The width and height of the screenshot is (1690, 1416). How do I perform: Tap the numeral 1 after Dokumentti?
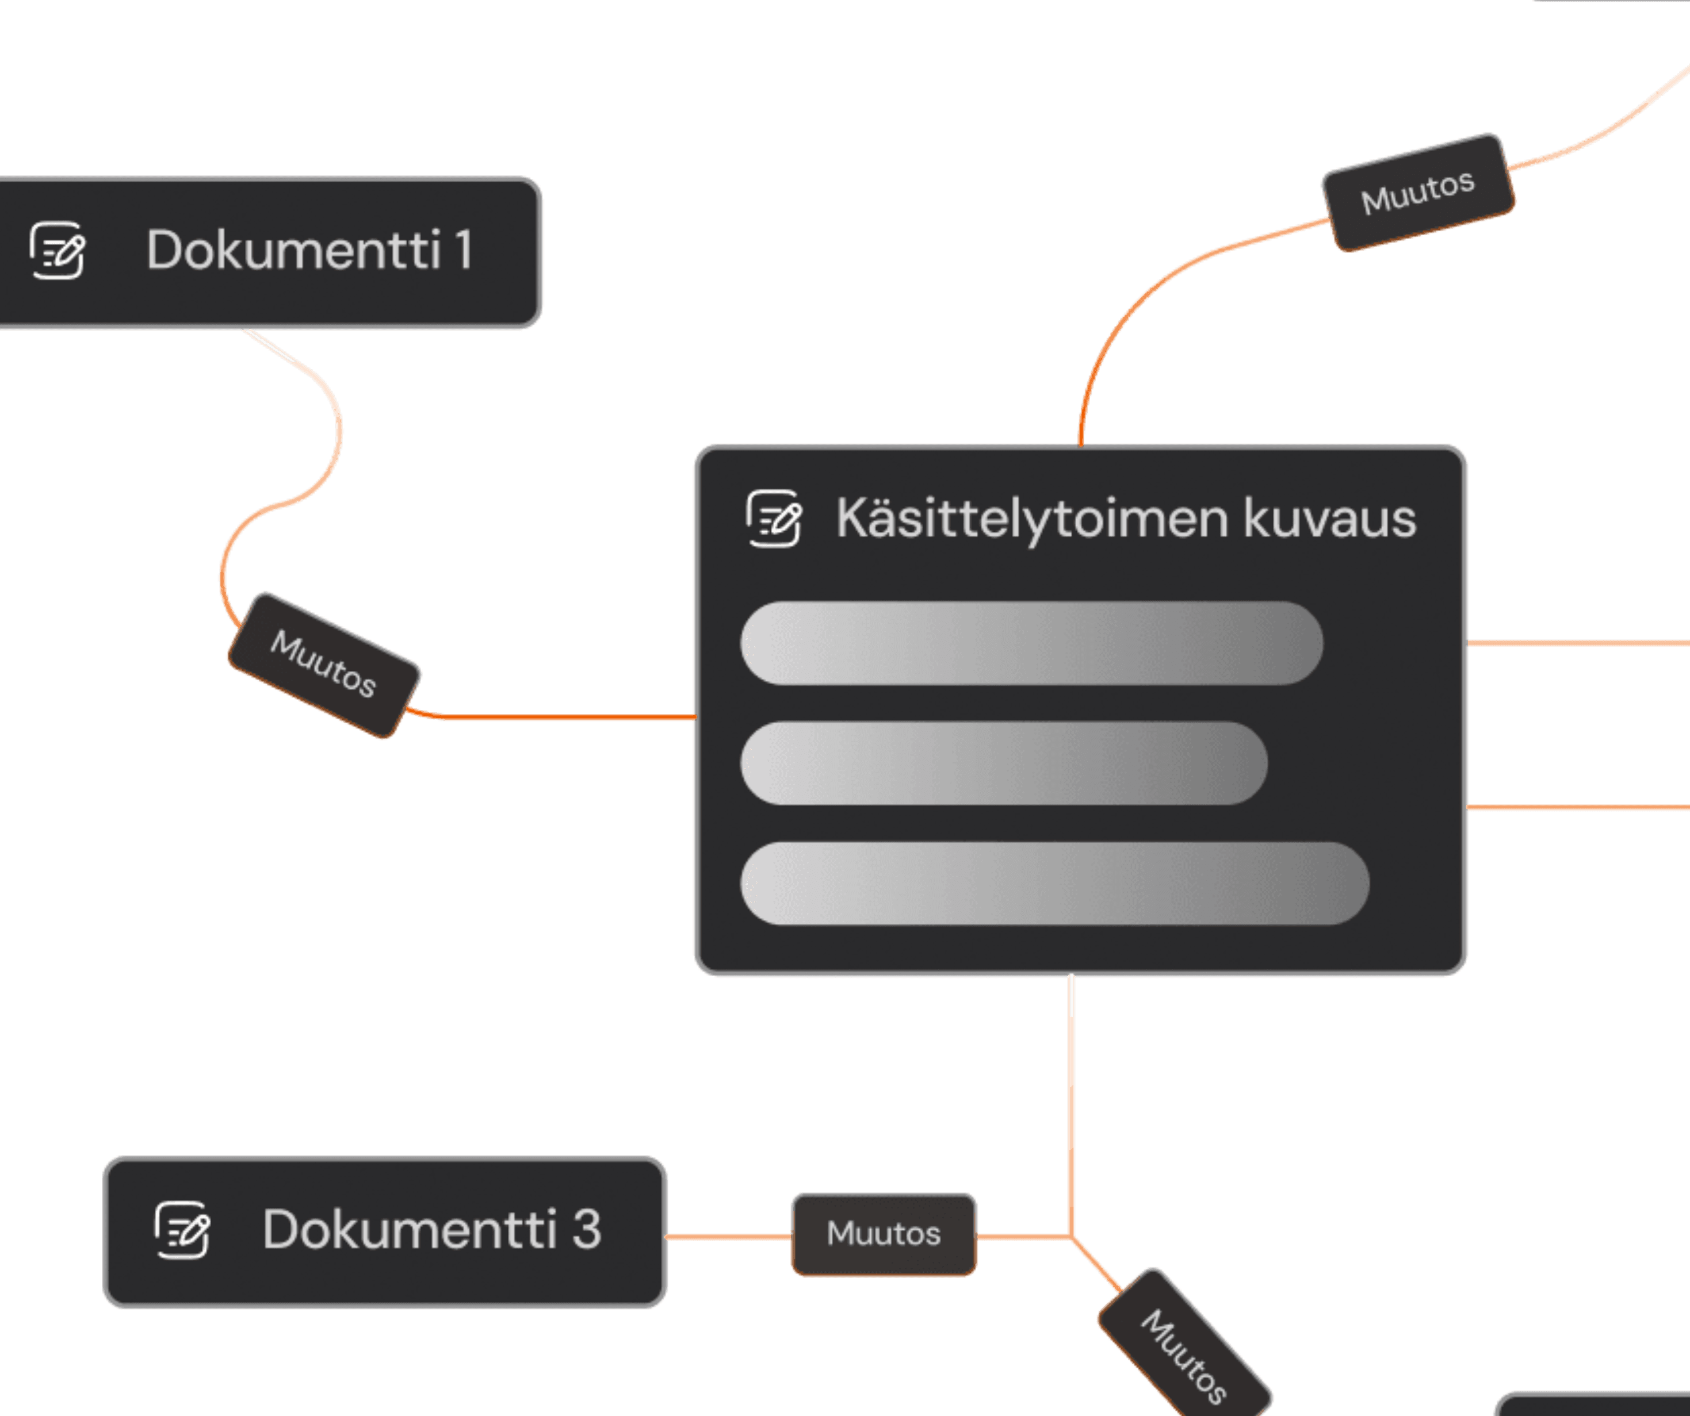pyautogui.click(x=464, y=250)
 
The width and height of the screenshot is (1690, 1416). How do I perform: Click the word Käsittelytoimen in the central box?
pyautogui.click(x=1032, y=519)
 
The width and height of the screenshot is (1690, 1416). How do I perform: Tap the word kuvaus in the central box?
pyautogui.click(x=1329, y=519)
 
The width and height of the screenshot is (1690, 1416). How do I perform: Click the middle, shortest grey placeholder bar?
pyautogui.click(x=1004, y=763)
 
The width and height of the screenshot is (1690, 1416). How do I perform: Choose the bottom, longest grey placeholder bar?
pyautogui.click(x=1054, y=884)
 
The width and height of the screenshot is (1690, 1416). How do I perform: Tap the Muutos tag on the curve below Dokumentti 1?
pyautogui.click(x=323, y=665)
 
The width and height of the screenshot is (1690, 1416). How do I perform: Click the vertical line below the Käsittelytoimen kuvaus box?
pyautogui.click(x=1071, y=1102)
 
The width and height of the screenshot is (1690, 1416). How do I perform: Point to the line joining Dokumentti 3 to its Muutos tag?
pyautogui.click(x=728, y=1237)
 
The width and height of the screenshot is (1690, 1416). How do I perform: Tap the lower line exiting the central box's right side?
pyautogui.click(x=1577, y=807)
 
